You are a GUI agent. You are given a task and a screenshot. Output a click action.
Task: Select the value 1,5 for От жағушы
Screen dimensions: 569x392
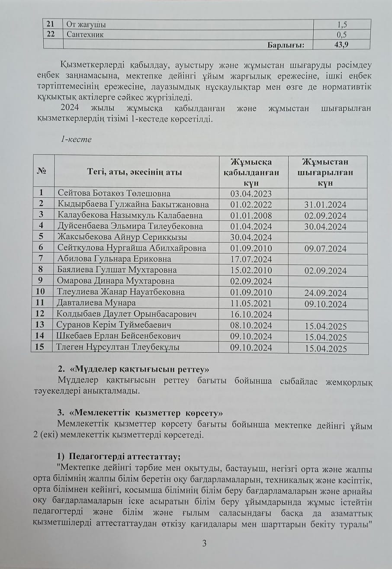pos(342,24)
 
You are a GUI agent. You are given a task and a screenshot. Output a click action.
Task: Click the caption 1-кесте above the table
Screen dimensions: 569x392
pos(76,140)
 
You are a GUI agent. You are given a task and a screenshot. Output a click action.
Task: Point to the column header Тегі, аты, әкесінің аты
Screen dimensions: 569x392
pos(136,172)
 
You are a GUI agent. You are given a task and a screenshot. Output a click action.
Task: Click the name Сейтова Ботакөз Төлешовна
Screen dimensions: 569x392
pos(114,193)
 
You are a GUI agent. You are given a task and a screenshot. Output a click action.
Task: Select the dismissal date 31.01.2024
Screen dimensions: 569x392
pos(325,205)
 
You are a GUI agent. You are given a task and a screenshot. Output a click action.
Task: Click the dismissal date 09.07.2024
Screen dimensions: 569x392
pos(325,248)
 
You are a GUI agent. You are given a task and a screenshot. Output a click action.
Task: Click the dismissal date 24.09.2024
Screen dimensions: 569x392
pos(325,293)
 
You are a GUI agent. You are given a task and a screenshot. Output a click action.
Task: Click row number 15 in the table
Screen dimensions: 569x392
pos(41,347)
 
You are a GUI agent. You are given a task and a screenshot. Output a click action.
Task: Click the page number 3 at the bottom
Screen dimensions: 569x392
pos(205,543)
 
